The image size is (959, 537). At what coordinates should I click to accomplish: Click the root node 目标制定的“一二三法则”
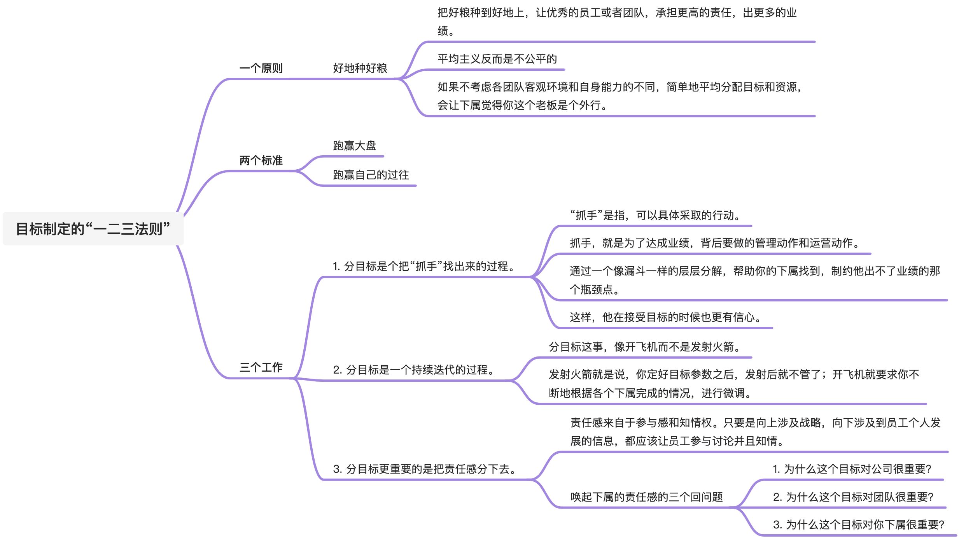93,229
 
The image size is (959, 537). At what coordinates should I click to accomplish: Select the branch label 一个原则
261,68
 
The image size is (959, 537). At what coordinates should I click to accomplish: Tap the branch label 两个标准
261,160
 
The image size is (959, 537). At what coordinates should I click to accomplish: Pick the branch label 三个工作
261,367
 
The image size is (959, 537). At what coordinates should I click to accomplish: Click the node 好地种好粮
360,68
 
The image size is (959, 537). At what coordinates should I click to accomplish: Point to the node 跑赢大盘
355,146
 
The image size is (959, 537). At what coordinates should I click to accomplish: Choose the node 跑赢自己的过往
371,175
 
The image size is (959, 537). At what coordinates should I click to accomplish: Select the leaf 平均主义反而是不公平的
497,59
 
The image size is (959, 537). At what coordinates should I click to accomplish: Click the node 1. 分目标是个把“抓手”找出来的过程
424,267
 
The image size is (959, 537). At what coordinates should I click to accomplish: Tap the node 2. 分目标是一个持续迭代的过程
414,370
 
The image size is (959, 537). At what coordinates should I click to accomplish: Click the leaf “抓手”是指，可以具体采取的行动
655,216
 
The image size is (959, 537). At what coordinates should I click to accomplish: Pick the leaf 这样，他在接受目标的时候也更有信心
665,318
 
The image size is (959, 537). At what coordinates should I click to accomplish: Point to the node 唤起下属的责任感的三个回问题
647,497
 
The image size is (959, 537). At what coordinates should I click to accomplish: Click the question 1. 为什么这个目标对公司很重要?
852,469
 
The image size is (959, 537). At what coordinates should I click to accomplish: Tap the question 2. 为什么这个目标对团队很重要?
853,497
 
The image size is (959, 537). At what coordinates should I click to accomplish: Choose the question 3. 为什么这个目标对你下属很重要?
859,525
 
